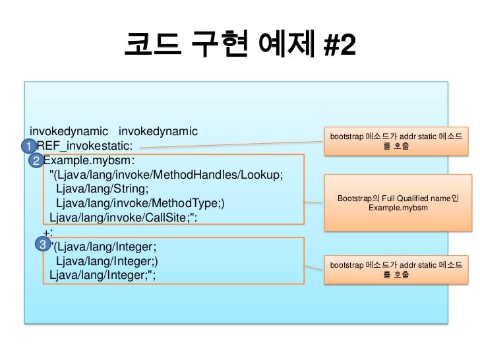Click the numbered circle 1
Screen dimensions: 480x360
[30, 145]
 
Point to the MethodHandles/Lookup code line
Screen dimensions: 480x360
[166, 175]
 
